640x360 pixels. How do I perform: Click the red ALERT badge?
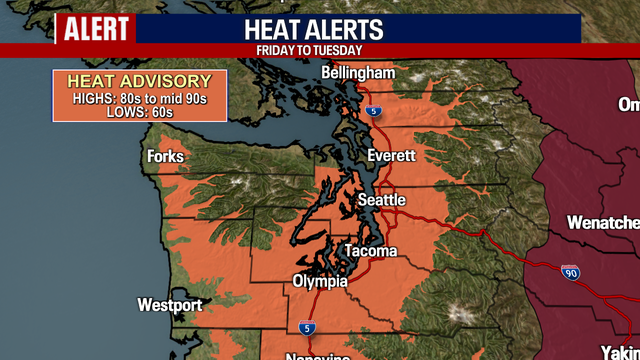(x=96, y=29)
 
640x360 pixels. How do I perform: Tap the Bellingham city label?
(x=358, y=73)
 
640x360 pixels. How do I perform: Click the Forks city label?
(x=165, y=157)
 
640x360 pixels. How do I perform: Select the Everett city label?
(x=391, y=156)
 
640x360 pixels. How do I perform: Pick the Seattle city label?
(x=381, y=201)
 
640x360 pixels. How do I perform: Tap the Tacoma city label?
(x=370, y=251)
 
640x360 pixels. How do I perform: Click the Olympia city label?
(x=320, y=282)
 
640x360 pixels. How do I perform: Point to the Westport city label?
(x=170, y=305)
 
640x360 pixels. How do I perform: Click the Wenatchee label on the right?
(x=603, y=222)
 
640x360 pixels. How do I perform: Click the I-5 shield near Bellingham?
(x=372, y=111)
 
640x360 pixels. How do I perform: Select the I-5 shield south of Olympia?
(x=306, y=327)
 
